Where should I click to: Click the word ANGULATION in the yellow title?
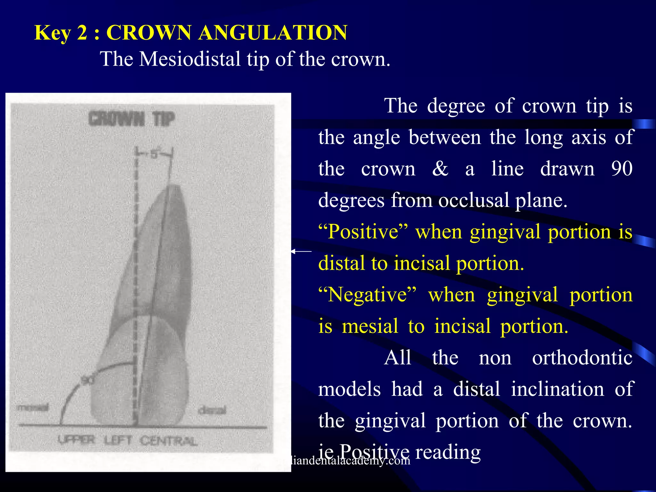pos(273,33)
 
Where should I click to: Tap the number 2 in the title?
pos(82,33)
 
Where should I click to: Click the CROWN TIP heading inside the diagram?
pos(132,119)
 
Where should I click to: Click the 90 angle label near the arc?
pos(87,380)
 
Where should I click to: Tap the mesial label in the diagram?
pos(33,407)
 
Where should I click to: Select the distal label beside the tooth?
pos(212,410)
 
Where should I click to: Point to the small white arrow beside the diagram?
pos(300,251)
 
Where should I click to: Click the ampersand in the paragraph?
pos(440,169)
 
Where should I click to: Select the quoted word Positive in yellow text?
pos(364,232)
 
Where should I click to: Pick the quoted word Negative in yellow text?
pos(368,295)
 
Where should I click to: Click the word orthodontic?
pos(582,358)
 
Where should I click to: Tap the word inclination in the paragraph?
pos(557,389)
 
